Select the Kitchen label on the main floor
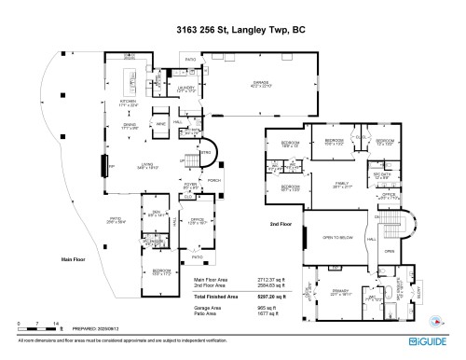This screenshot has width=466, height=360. (x=128, y=103)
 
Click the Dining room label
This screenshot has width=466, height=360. (x=130, y=128)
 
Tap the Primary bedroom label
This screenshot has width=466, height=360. (x=339, y=292)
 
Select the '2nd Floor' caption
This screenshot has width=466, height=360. (x=280, y=225)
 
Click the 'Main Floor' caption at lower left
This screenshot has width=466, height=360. (x=73, y=260)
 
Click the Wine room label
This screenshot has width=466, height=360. (x=160, y=124)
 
